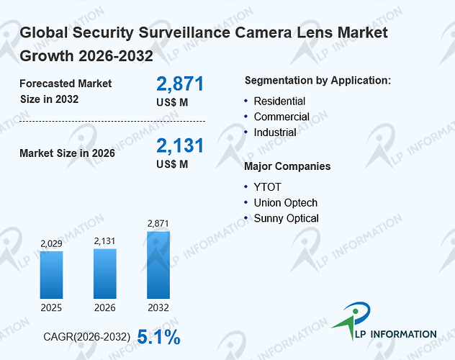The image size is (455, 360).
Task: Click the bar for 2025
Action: point(51,275)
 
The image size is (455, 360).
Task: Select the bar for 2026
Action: point(105,274)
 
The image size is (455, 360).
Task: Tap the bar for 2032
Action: point(158,265)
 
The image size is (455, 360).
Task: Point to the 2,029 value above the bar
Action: point(51,243)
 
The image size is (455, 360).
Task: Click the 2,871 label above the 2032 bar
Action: point(158,224)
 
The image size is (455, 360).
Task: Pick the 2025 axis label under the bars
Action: point(51,307)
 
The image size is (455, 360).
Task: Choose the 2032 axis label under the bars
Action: point(158,307)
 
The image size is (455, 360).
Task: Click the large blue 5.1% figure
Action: point(158,337)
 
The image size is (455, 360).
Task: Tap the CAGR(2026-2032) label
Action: point(87,337)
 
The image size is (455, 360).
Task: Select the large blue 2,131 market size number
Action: point(180,145)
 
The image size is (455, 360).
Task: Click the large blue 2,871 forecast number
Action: point(180,84)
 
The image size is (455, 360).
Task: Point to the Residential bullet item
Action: point(279,102)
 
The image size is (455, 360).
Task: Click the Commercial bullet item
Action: point(281,117)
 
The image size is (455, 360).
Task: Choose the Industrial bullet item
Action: point(275,132)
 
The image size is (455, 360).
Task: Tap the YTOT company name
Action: point(268,187)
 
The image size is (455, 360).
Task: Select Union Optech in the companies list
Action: point(286,203)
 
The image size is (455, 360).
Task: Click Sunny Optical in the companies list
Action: point(286,218)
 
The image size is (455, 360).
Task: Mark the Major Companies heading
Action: point(287,166)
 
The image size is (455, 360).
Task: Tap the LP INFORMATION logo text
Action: point(396,334)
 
